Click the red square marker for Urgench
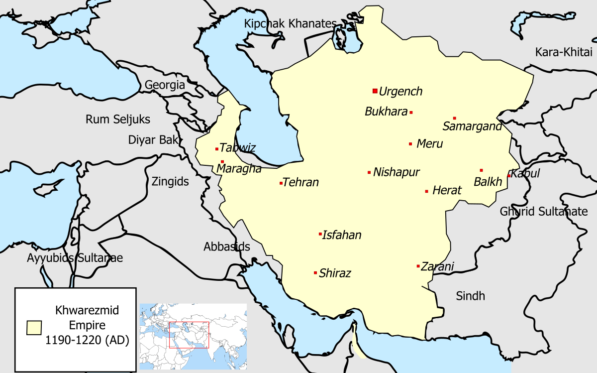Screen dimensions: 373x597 (375, 91)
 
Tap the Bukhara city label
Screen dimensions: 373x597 (386, 112)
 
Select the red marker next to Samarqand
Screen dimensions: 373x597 (455, 118)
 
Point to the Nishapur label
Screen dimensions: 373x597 (397, 172)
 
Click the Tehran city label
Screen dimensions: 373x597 (300, 183)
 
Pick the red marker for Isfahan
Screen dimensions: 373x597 (320, 234)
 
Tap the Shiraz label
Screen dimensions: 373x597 (335, 273)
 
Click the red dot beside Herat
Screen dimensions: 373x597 (426, 191)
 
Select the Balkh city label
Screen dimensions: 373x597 (488, 182)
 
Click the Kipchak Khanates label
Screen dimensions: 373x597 (290, 23)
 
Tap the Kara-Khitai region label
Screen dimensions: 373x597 (564, 52)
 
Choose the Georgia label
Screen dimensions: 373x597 (165, 85)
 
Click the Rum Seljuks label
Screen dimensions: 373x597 (118, 120)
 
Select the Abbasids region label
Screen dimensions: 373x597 (227, 247)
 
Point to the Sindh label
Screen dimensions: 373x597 (470, 296)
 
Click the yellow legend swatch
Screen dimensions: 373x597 (34, 327)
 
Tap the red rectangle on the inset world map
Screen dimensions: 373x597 (189, 335)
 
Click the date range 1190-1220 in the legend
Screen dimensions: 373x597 (87, 341)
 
